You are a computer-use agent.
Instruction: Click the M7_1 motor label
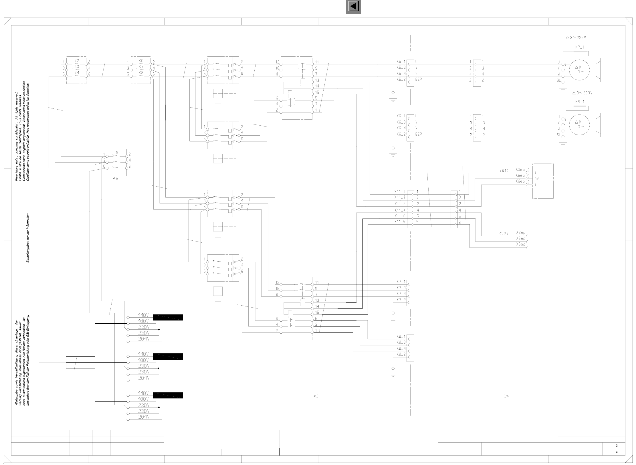coord(580,47)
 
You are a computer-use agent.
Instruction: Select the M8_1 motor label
coord(580,102)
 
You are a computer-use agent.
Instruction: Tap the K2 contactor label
coord(76,61)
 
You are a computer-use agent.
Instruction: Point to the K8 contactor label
coord(141,73)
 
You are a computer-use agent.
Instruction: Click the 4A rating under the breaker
coord(116,178)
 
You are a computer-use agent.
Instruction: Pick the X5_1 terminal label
coord(401,62)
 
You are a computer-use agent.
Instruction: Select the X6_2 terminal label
coord(401,134)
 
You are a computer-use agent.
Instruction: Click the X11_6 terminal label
coord(400,216)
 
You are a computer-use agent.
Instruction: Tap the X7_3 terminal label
coord(401,288)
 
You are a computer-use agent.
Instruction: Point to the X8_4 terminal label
coord(401,348)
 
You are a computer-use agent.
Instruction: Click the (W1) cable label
coord(504,171)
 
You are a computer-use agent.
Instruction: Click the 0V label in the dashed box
coord(537,179)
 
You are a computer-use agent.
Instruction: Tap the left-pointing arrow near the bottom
coord(323,396)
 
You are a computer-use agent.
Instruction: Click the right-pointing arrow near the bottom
coord(499,396)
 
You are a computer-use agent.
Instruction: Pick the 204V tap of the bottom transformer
coord(144,417)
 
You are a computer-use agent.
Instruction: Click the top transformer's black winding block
coord(168,317)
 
